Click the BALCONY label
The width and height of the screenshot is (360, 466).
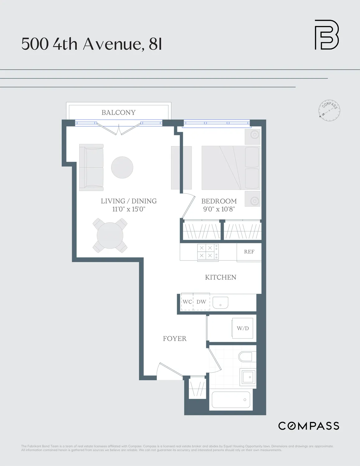118,112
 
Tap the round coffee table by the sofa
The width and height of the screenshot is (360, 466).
122,167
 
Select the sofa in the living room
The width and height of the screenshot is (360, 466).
91,167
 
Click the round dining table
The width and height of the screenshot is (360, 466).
110,235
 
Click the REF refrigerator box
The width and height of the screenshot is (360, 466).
249,252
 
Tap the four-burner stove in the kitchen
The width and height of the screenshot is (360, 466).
208,252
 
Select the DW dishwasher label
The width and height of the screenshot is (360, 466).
201,302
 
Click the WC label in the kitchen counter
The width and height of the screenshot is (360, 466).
187,302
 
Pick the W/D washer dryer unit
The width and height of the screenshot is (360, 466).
243,328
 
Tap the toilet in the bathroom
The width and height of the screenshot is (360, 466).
247,357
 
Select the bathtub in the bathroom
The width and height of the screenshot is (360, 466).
231,400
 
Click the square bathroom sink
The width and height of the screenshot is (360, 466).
248,377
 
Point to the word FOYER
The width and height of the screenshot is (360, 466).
175,339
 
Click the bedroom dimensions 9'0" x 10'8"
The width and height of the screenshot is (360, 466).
219,209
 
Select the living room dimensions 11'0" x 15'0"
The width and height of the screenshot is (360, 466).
129,209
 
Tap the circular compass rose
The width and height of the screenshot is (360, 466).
329,110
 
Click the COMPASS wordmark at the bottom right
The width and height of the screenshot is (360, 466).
308,426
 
